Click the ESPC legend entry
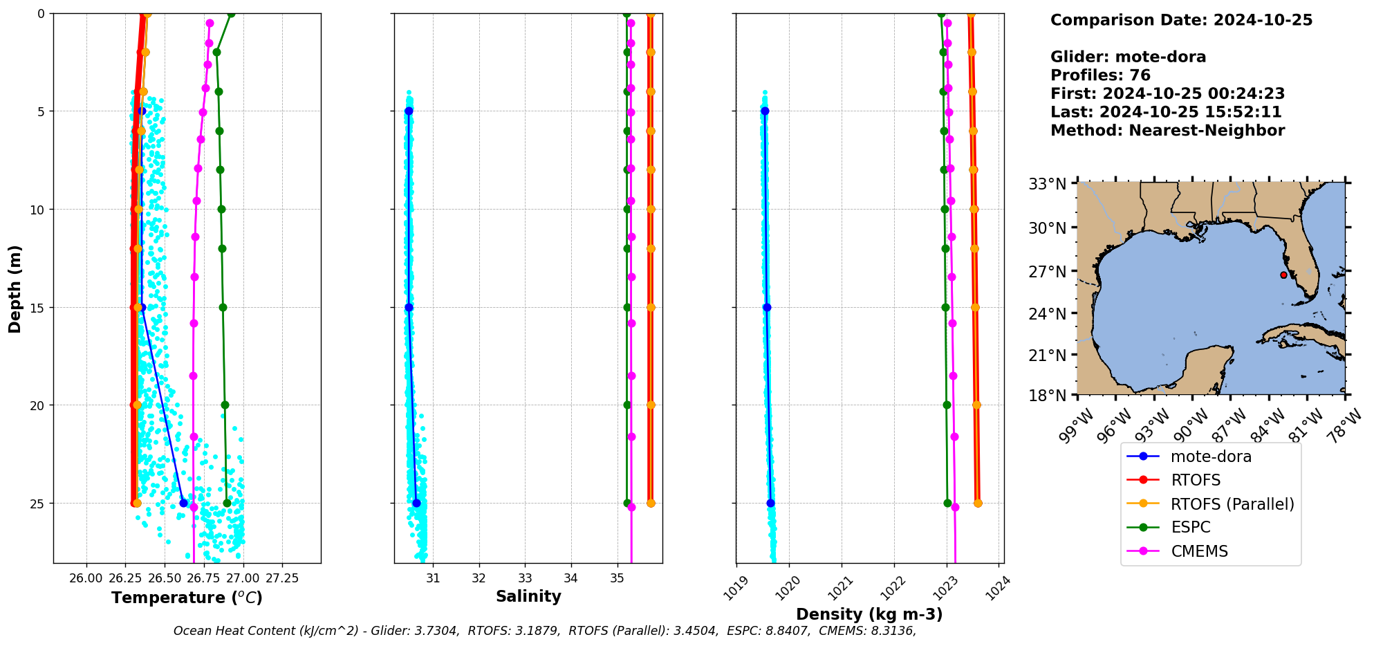pyautogui.click(x=1190, y=528)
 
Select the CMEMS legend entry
pyautogui.click(x=1199, y=551)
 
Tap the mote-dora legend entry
pyautogui.click(x=1210, y=456)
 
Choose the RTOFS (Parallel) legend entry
pyautogui.click(x=1232, y=504)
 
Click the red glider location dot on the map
pyautogui.click(x=1283, y=275)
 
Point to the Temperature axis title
pyautogui.click(x=187, y=598)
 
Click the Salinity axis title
pyautogui.click(x=528, y=596)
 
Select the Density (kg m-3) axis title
pyautogui.click(x=869, y=614)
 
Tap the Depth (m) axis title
pyautogui.click(x=15, y=288)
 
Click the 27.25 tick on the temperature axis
pyautogui.click(x=282, y=578)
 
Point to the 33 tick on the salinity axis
pyautogui.click(x=525, y=578)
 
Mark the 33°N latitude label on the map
pyautogui.click(x=1047, y=184)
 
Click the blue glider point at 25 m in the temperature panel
pyautogui.click(x=183, y=503)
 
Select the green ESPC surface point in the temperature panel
pyautogui.click(x=231, y=13)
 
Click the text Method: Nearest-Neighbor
pyautogui.click(x=1167, y=130)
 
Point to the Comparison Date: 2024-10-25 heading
pyautogui.click(x=1181, y=20)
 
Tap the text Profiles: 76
pyautogui.click(x=1100, y=75)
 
